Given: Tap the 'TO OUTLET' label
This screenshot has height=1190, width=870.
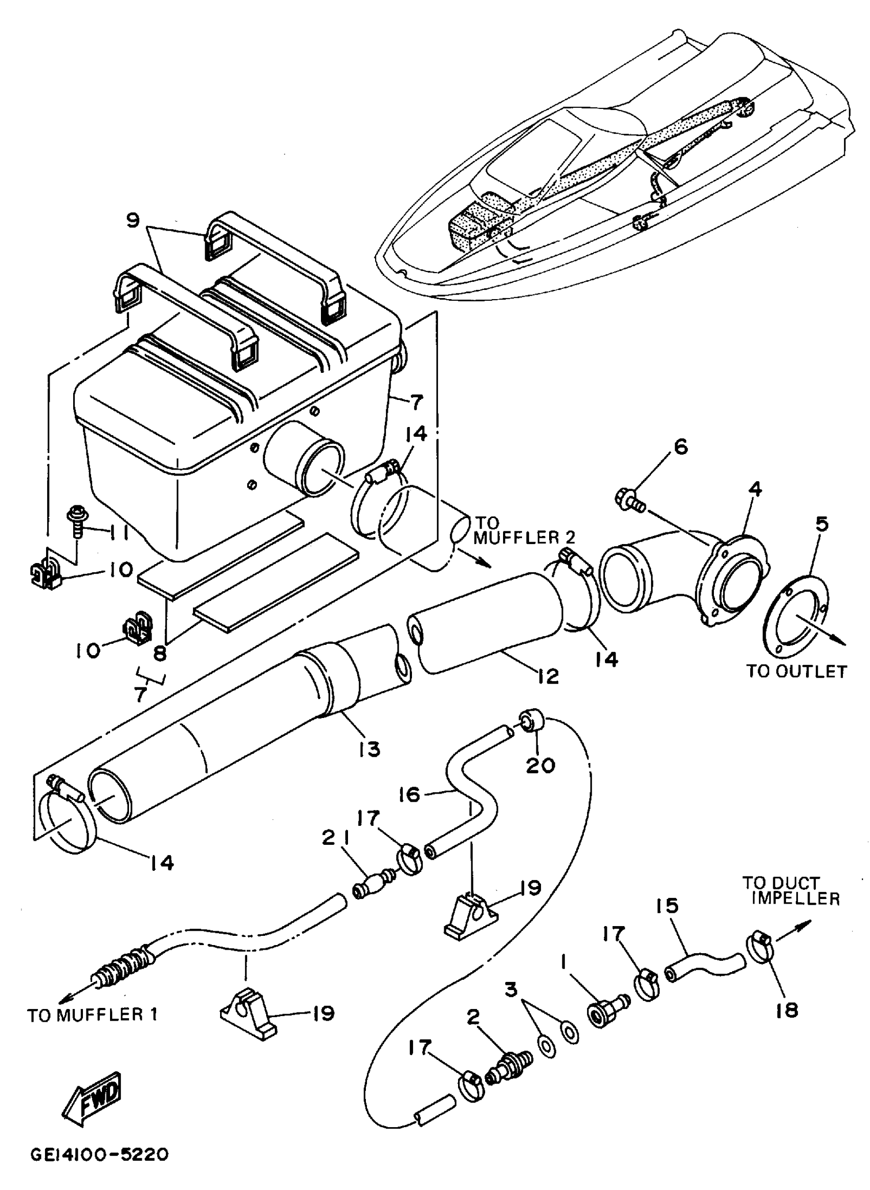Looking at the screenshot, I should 796,671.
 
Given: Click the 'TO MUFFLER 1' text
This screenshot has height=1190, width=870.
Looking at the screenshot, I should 93,1014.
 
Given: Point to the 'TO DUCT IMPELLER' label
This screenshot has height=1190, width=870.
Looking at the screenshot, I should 791,890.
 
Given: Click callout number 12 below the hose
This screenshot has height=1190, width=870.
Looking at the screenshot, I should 549,677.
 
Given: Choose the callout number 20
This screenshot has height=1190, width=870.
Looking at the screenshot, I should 541,765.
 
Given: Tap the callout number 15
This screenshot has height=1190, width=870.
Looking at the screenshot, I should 667,906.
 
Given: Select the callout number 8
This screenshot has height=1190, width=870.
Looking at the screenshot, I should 160,654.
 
